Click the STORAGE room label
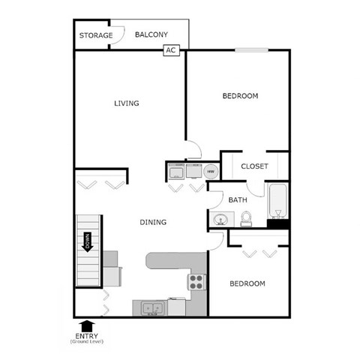point(96,35)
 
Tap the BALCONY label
point(151,34)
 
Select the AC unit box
point(171,50)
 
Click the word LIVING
point(127,103)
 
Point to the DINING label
point(153,222)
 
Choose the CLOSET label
point(255,166)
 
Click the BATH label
point(238,200)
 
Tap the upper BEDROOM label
point(241,96)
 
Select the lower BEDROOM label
point(247,283)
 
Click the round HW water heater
point(211,172)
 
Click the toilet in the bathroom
point(245,218)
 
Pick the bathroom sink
point(221,220)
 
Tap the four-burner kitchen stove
point(196,282)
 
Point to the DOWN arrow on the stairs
point(88,242)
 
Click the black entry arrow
point(87,325)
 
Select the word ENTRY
point(88,336)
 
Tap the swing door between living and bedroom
point(193,149)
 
